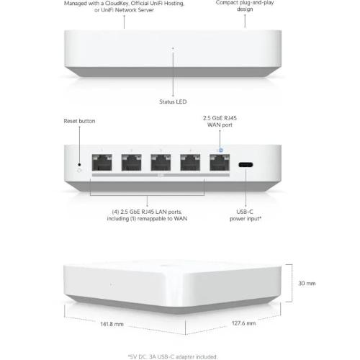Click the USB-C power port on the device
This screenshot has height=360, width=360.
[x=246, y=165]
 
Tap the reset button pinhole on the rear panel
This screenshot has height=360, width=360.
[x=79, y=165]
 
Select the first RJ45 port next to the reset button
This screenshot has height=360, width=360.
[x=102, y=163]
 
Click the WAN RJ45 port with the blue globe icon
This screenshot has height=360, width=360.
[x=220, y=163]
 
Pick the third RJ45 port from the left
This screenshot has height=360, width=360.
[x=161, y=163]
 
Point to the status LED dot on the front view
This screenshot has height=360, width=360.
[x=173, y=48]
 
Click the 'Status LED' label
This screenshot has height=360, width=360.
[x=173, y=102]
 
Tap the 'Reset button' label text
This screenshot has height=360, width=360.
[x=79, y=121]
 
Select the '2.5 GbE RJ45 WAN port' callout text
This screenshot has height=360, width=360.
[x=220, y=122]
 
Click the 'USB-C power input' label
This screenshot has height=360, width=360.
[x=246, y=215]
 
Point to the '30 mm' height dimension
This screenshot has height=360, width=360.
[x=307, y=284]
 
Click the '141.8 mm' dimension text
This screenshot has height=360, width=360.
[x=112, y=324]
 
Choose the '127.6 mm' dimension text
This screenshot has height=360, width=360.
[x=243, y=323]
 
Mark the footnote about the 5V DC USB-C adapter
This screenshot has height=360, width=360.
[x=173, y=356]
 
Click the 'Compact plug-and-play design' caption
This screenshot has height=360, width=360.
[x=245, y=6]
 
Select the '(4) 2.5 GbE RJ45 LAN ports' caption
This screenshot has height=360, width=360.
[x=147, y=212]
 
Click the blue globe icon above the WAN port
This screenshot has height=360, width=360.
[x=221, y=150]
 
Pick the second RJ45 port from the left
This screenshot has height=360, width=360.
[x=132, y=163]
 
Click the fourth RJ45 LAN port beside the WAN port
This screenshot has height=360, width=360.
[x=190, y=163]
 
